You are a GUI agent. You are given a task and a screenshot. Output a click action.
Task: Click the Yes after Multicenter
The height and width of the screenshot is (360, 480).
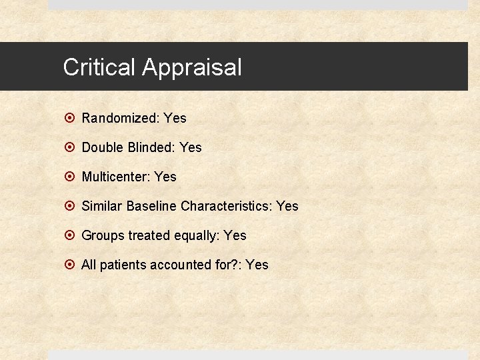(x=165, y=177)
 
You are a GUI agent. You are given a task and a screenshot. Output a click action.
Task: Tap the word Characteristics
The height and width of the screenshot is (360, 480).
(x=225, y=206)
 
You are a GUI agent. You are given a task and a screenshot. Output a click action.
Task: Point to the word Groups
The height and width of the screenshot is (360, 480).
(x=103, y=235)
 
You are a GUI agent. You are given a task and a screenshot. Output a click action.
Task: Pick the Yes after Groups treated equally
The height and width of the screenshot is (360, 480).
(x=235, y=235)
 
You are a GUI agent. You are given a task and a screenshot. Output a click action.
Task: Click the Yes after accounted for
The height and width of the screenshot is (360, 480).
(x=257, y=265)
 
